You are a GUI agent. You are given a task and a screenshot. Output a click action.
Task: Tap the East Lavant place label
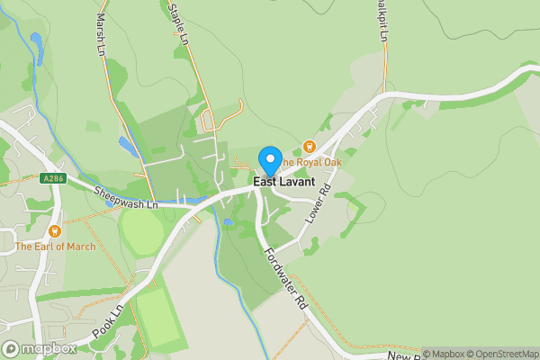coord(283,182)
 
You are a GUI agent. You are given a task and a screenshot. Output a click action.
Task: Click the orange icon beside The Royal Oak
coord(310,146)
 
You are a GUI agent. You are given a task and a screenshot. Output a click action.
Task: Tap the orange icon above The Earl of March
coord(54,231)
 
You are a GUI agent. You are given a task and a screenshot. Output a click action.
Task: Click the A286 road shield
coord(53,180)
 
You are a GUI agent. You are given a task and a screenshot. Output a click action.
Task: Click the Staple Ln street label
coord(177,22)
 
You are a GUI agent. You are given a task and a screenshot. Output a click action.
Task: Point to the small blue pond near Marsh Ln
coord(127,144)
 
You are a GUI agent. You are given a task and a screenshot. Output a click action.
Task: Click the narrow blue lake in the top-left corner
coord(36,45)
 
